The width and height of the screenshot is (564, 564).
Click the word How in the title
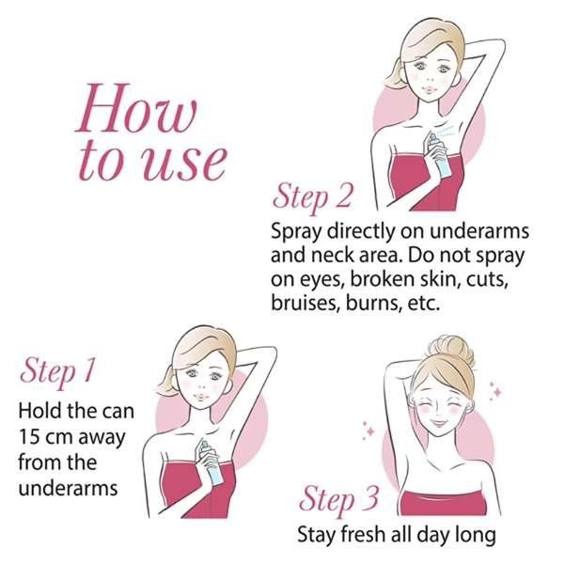(136, 108)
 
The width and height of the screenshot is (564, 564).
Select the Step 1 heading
(58, 371)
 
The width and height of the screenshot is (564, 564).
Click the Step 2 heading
(312, 197)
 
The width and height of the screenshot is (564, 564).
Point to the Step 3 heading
(338, 499)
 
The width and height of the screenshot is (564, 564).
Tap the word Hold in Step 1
(36, 411)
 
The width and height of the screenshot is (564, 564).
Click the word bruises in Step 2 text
(305, 303)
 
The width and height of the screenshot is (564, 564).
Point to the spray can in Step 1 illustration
(211, 462)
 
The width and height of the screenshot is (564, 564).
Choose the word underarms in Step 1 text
(68, 489)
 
